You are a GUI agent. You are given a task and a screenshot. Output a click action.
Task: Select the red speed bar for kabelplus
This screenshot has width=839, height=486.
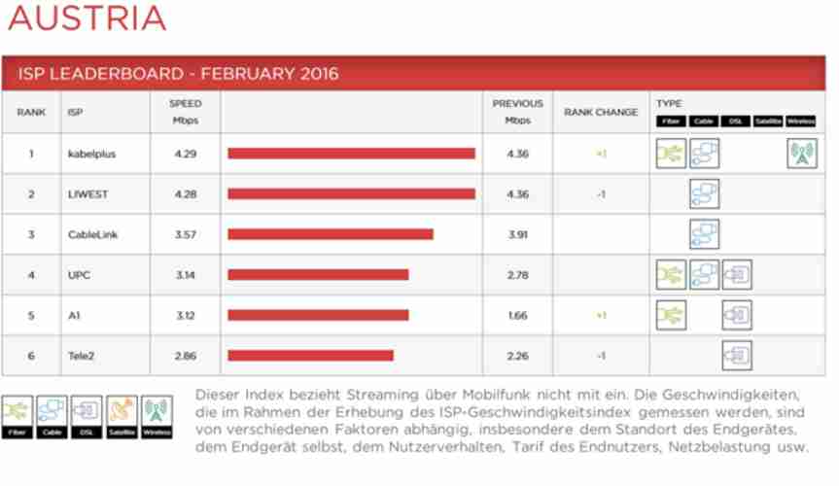pos(351,154)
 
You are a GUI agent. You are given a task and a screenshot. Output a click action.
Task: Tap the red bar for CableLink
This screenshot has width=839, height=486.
pos(331,234)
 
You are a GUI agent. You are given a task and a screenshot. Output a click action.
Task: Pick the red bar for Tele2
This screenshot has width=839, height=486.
pos(310,356)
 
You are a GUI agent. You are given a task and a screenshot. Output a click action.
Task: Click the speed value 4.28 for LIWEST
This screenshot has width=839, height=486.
pos(185,194)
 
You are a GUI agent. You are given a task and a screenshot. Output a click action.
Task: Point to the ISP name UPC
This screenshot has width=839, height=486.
pos(79,275)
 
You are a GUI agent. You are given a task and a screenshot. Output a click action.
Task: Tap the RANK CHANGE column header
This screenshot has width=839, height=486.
pos(601,113)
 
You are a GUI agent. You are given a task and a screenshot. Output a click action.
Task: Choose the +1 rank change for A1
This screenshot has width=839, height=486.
pos(601,316)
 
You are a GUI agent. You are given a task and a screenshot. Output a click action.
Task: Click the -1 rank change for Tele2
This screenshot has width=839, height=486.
pos(601,356)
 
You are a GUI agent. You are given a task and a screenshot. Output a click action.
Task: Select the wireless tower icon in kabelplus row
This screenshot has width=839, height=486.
pos(801,154)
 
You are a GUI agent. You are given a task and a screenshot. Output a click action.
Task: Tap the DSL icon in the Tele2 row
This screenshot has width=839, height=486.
pos(736,356)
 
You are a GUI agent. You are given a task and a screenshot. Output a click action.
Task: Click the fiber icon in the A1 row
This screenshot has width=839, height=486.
pos(671,315)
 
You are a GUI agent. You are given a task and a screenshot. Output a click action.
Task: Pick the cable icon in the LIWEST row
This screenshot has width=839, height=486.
pos(704,194)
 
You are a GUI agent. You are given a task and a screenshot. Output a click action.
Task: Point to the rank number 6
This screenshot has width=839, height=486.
pos(31,356)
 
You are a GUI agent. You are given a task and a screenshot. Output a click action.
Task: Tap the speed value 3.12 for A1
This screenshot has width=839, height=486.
pos(185,316)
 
